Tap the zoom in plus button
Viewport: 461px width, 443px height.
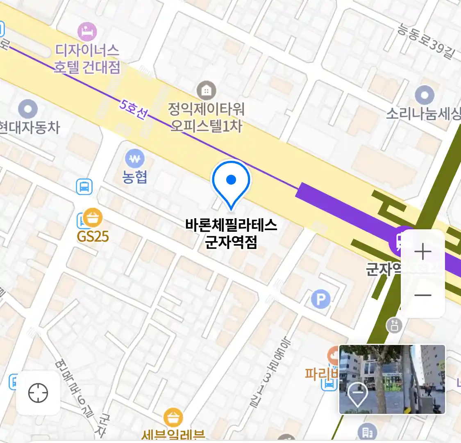click(423, 252)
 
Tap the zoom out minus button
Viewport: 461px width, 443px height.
click(423, 295)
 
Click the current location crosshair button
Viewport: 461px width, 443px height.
click(38, 393)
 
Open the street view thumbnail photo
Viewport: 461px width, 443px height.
click(392, 379)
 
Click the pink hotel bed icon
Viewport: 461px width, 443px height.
click(87, 31)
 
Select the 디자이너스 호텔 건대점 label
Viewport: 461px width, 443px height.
click(87, 59)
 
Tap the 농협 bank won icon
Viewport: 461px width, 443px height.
click(135, 158)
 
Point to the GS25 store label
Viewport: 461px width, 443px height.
click(93, 236)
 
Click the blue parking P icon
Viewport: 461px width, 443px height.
click(320, 299)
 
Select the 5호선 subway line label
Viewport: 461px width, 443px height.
click(133, 109)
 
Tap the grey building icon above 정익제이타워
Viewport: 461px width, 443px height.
click(207, 90)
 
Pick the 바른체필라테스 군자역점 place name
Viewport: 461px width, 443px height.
click(231, 233)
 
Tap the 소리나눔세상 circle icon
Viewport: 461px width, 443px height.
click(425, 95)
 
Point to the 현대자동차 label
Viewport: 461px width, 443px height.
click(29, 127)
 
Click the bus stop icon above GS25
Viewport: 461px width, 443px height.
click(84, 187)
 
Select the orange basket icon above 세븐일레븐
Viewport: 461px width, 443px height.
click(173, 418)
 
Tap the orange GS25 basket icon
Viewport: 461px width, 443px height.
click(93, 218)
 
